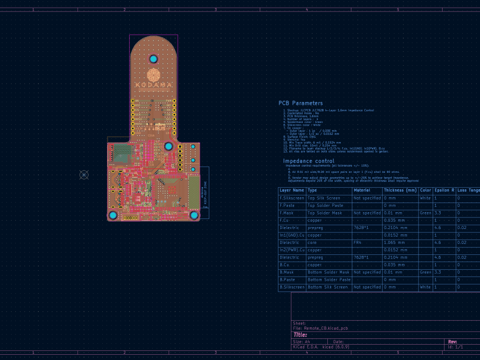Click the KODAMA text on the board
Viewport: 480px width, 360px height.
point(154,85)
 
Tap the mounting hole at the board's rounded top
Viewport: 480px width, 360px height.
point(154,59)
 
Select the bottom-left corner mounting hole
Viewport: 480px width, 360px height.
point(113,216)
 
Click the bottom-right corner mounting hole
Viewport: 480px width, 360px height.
point(194,216)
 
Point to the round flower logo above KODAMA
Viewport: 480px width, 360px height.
point(154,74)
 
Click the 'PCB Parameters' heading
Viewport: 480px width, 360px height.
point(300,103)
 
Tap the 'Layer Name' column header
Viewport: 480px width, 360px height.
point(292,191)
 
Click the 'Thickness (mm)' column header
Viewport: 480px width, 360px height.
point(400,191)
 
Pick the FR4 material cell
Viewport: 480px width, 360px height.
point(357,243)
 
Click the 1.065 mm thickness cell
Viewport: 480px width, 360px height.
point(395,243)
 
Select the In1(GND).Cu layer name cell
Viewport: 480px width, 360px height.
point(292,235)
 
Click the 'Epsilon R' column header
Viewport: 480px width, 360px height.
point(444,191)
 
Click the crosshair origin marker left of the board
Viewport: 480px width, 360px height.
point(84,175)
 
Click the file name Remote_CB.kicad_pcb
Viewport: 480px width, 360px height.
point(320,328)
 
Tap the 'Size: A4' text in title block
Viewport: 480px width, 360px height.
point(301,341)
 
